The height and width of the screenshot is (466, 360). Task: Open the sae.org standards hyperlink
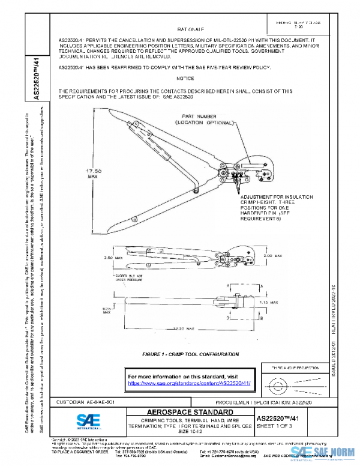click(x=189, y=383)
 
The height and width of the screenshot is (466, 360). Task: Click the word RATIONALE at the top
click(x=190, y=28)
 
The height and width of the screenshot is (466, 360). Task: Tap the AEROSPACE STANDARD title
click(x=183, y=412)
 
